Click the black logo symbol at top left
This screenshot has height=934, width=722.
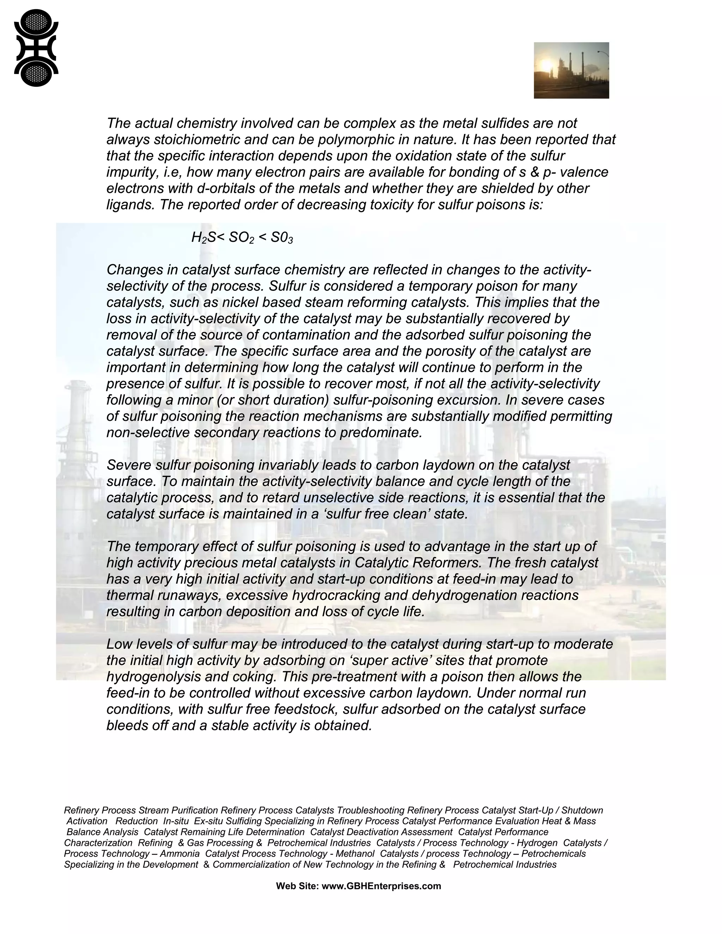[x=36, y=48]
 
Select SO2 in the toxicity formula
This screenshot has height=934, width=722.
[x=241, y=237]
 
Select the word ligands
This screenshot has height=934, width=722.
[x=130, y=205]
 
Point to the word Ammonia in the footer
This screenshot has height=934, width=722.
[x=180, y=854]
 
